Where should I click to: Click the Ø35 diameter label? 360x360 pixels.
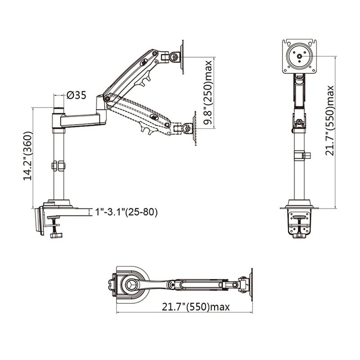coord(76,95)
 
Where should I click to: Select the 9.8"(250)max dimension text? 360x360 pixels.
coord(208,93)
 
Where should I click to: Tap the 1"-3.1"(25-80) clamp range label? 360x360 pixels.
coord(126,212)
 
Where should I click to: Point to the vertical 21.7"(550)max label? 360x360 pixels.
coord(330,121)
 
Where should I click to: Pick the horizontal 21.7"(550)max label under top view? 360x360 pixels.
coord(196,307)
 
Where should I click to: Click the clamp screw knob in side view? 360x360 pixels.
coord(56,234)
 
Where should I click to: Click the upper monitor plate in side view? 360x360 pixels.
coord(182,57)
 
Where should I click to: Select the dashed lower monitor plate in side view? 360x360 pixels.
coord(195,128)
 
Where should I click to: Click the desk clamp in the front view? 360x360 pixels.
coord(299,223)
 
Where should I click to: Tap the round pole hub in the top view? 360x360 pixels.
coord(132,284)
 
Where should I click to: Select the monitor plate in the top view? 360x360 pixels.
coord(249,283)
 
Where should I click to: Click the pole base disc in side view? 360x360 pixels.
coord(58,203)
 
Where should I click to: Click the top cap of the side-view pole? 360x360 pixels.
coord(58,110)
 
